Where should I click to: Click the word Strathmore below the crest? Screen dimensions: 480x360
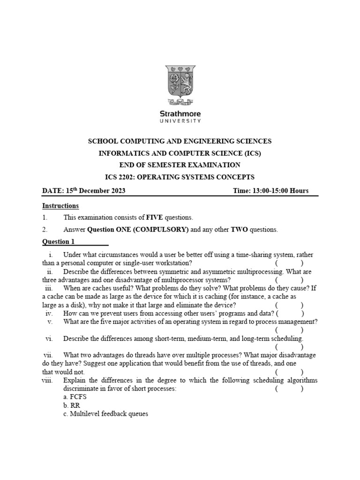[180, 113]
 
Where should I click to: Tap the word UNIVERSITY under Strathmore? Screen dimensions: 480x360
[180, 121]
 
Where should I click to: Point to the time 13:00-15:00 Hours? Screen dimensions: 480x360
[270, 191]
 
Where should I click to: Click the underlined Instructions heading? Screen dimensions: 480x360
[60, 206]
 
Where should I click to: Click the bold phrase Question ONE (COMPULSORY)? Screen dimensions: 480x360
[138, 230]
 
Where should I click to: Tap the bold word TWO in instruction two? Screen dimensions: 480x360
[239, 230]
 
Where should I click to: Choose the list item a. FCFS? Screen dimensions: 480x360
[75, 397]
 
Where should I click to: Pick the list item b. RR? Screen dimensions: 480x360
[70, 405]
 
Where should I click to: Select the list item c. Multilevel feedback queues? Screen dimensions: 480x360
[105, 414]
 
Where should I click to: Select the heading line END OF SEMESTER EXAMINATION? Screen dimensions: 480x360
[180, 165]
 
